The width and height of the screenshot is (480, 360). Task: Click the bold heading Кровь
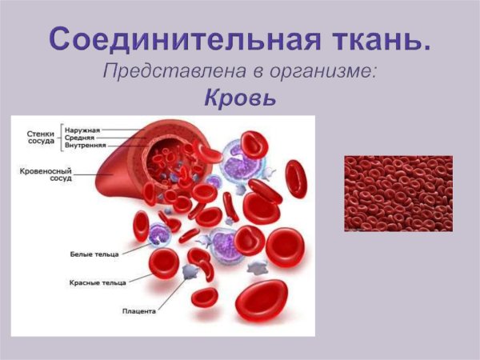click(x=239, y=99)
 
